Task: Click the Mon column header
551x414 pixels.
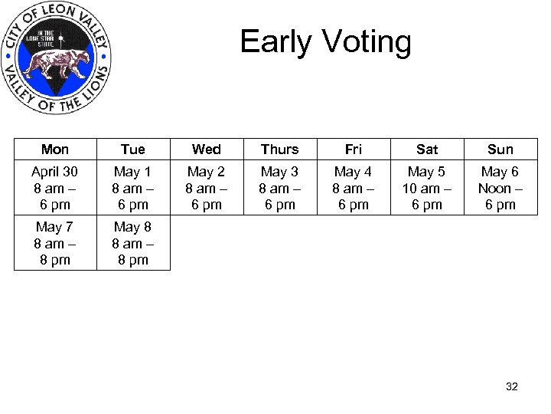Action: (x=55, y=149)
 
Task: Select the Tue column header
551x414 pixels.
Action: (x=133, y=149)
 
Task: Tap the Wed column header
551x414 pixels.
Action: (x=207, y=149)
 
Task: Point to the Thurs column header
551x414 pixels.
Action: (x=280, y=149)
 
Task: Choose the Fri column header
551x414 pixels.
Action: (x=354, y=149)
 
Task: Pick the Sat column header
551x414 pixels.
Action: (x=427, y=149)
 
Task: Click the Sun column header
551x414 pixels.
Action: (x=500, y=149)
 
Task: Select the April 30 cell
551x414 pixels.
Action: (x=55, y=188)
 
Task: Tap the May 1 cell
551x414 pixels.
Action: (x=133, y=188)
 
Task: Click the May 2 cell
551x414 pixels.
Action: (x=207, y=188)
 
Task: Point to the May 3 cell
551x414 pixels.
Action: (x=280, y=188)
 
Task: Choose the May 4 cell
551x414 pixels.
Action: (x=354, y=188)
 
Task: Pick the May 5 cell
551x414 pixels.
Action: (x=427, y=188)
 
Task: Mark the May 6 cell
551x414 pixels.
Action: (x=500, y=188)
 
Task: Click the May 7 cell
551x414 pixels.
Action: (x=55, y=243)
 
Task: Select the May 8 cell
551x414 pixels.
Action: (x=133, y=243)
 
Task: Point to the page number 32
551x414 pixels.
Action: (x=512, y=386)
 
